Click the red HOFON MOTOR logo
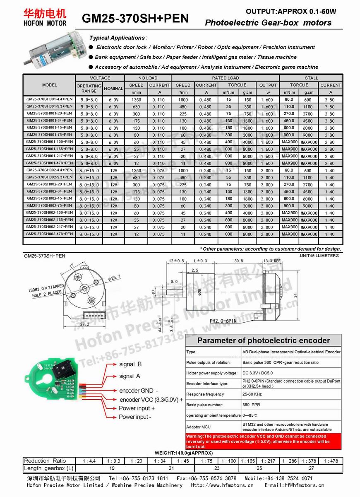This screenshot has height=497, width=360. click(45, 17)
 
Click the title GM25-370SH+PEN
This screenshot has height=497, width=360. click(135, 18)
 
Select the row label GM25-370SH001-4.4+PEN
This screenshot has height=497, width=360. click(49, 99)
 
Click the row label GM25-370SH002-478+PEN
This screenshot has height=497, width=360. click(49, 234)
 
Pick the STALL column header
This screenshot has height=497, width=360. click(311, 78)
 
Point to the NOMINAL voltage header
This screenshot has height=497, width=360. click(113, 88)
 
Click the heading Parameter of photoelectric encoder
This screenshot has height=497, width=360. click(263, 340)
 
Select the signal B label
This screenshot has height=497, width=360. click(130, 364)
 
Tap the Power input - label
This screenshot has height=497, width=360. click(135, 417)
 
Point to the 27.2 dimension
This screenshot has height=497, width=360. click(84, 324)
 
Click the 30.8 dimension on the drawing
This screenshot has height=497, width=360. click(238, 261)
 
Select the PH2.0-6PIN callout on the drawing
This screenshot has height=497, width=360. click(223, 321)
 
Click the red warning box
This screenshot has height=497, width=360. click(263, 441)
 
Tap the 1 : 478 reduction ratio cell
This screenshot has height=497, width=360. click(331, 461)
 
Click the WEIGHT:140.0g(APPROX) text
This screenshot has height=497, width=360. click(184, 453)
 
